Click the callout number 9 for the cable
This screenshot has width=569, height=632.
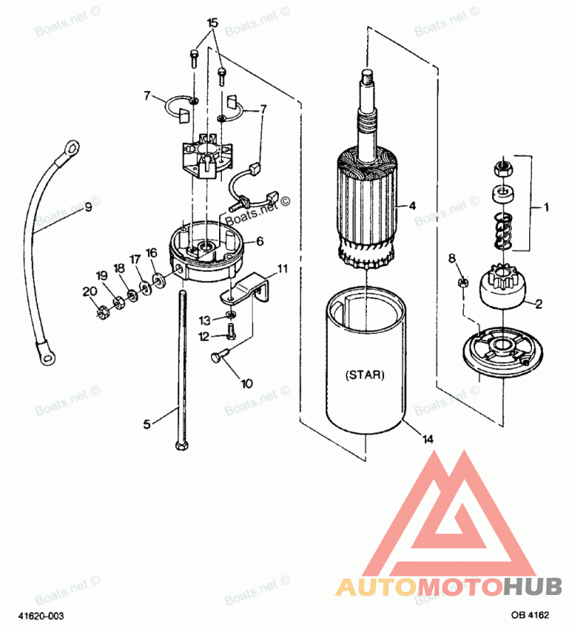point(87,208)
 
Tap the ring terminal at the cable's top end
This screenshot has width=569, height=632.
point(70,147)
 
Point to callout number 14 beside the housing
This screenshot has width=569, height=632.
point(427,439)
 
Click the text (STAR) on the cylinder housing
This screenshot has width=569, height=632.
point(365,374)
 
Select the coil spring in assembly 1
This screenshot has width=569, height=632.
point(501,231)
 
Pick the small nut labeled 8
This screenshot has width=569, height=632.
point(462,281)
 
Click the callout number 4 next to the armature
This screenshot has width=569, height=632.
point(412,206)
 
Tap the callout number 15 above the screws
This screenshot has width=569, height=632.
point(211,23)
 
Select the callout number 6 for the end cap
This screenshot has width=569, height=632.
point(260,241)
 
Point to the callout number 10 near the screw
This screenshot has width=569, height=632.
point(246,384)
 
